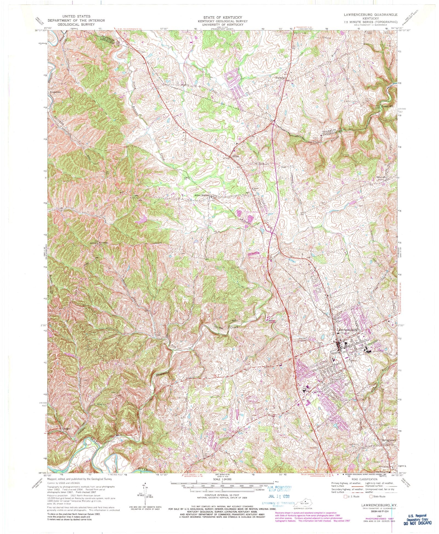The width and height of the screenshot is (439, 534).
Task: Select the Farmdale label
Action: tap(281, 78)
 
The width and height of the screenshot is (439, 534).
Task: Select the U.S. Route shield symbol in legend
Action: tap(345, 496)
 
